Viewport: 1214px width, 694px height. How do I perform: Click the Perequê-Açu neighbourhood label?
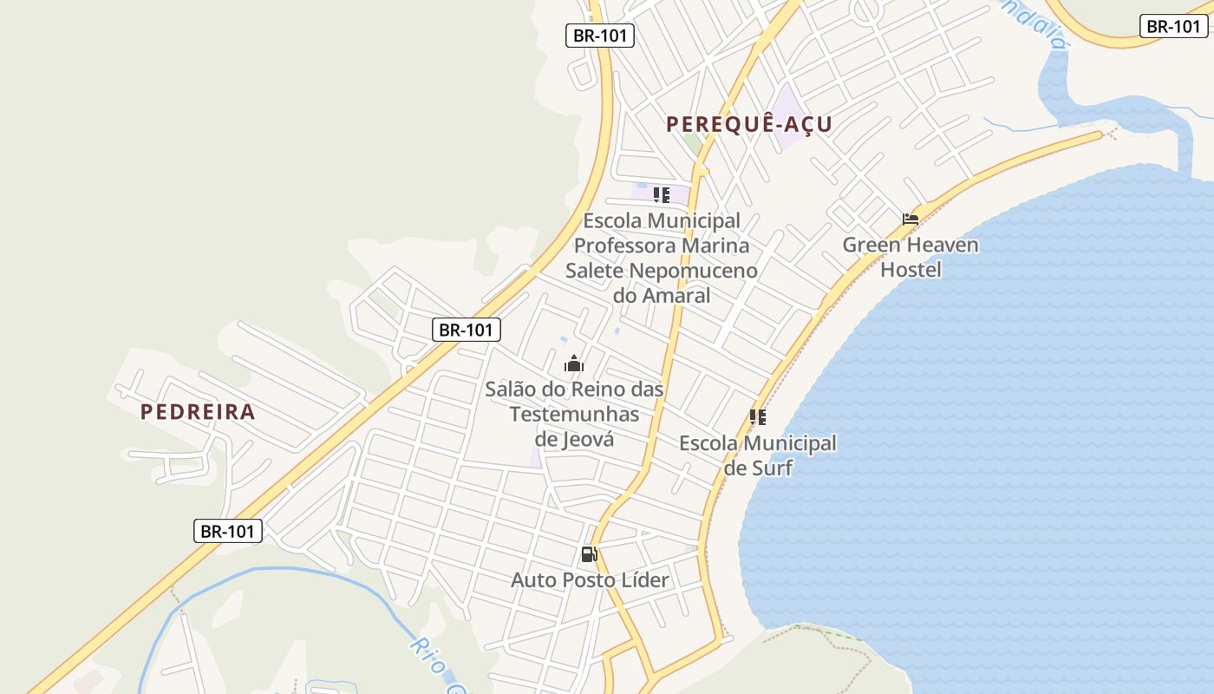(749, 124)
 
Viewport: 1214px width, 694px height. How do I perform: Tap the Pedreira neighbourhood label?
(198, 412)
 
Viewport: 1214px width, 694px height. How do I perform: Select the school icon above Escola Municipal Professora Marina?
(662, 195)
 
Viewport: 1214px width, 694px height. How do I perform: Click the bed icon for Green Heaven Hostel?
(910, 219)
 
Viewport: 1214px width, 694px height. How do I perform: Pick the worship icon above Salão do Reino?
(574, 363)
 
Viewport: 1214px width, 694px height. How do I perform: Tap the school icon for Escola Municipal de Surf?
(758, 417)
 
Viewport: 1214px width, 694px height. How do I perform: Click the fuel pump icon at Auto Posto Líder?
(589, 554)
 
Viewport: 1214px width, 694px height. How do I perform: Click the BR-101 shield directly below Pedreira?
(228, 531)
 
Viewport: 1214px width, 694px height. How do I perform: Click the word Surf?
(772, 468)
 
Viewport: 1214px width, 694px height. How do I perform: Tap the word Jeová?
(574, 439)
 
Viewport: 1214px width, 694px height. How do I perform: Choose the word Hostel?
(910, 270)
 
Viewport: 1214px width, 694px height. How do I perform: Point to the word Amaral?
(674, 296)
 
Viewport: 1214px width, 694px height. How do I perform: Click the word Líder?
(642, 580)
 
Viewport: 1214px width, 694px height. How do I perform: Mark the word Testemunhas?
(574, 414)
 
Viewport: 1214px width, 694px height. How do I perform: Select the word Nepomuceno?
(694, 271)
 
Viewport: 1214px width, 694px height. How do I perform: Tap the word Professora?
(626, 246)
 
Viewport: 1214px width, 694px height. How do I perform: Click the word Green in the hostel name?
(871, 246)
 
